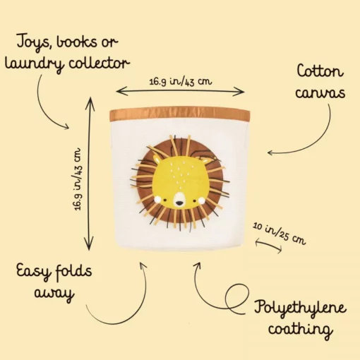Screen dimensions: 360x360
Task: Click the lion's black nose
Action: point(179,203)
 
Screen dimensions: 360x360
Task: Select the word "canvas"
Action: point(320,92)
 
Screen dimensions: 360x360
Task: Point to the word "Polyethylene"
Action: point(300,307)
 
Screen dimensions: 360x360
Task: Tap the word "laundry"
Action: point(34,64)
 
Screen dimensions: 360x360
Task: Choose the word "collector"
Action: point(99,63)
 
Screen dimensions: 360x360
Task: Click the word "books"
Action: point(77,42)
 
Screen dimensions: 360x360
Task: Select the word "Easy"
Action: point(33,271)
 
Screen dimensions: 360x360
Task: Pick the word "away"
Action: point(54,294)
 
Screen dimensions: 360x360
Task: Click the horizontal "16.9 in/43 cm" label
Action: point(181,82)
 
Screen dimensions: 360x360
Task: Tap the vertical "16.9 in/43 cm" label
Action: point(77,179)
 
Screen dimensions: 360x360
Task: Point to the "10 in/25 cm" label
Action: point(280,234)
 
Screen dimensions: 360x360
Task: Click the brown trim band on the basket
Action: point(179,113)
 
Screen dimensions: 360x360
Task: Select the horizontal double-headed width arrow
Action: point(180,92)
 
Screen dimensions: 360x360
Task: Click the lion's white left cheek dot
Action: point(157,200)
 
